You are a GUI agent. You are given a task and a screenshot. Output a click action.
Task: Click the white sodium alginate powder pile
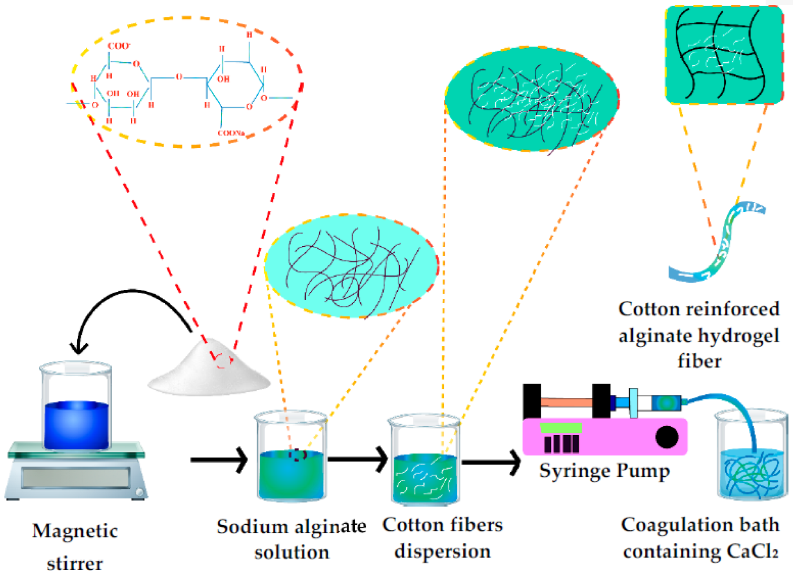coord(208,372)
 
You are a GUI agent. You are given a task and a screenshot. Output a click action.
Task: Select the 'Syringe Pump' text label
coord(604,471)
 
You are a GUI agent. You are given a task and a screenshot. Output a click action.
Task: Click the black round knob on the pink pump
coord(667,437)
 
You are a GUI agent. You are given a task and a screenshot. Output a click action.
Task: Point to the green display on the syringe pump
coord(560,428)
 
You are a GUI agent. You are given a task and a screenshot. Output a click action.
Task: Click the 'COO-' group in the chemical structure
coord(118,46)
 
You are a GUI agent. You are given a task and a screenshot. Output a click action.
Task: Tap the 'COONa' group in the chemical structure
coord(231,133)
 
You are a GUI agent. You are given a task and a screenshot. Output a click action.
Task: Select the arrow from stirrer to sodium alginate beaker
coord(219,459)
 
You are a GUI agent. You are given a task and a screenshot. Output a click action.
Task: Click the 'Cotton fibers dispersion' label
coord(442,538)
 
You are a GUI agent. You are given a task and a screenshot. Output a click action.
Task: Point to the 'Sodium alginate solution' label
coord(291,539)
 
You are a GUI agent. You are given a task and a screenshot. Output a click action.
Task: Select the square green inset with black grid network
coord(723,54)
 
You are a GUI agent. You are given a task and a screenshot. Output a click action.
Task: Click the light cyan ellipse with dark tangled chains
coord(351,265)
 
